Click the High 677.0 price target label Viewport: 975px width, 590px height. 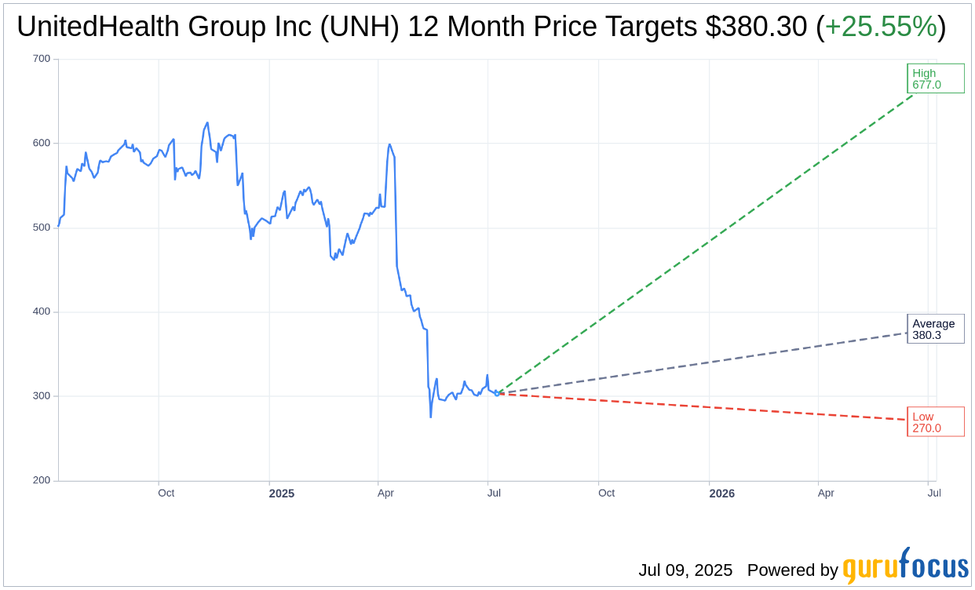[935, 78]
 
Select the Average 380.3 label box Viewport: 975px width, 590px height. [935, 329]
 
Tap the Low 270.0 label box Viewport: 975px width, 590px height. [935, 422]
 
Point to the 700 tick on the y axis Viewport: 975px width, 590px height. [42, 59]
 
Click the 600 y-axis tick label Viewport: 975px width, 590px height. [42, 143]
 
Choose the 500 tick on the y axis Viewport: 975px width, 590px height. [42, 228]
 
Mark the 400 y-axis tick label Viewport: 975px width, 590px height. [42, 311]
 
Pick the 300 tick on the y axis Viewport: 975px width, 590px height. [42, 396]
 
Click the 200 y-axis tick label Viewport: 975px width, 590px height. [42, 480]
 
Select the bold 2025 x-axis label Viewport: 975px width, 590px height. [281, 493]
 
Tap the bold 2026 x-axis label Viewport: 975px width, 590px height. [721, 493]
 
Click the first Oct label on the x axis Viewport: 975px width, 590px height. [166, 493]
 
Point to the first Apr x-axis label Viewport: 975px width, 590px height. [385, 493]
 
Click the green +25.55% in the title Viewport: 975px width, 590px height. [881, 27]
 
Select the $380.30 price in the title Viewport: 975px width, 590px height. [756, 27]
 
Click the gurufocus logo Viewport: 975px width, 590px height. [905, 566]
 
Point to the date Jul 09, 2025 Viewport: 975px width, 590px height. [685, 570]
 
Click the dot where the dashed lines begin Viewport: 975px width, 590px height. [497, 393]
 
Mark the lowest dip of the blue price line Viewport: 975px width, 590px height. [431, 417]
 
